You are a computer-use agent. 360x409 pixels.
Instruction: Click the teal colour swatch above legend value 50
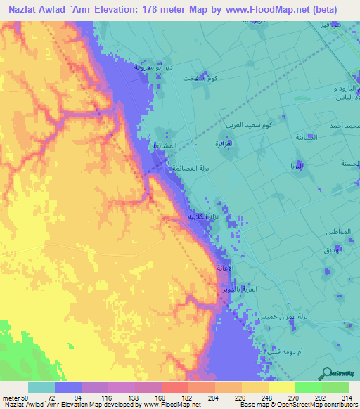pyautogui.click(x=41, y=387)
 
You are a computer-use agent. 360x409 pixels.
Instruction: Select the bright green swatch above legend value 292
pyautogui.click(x=309, y=387)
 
